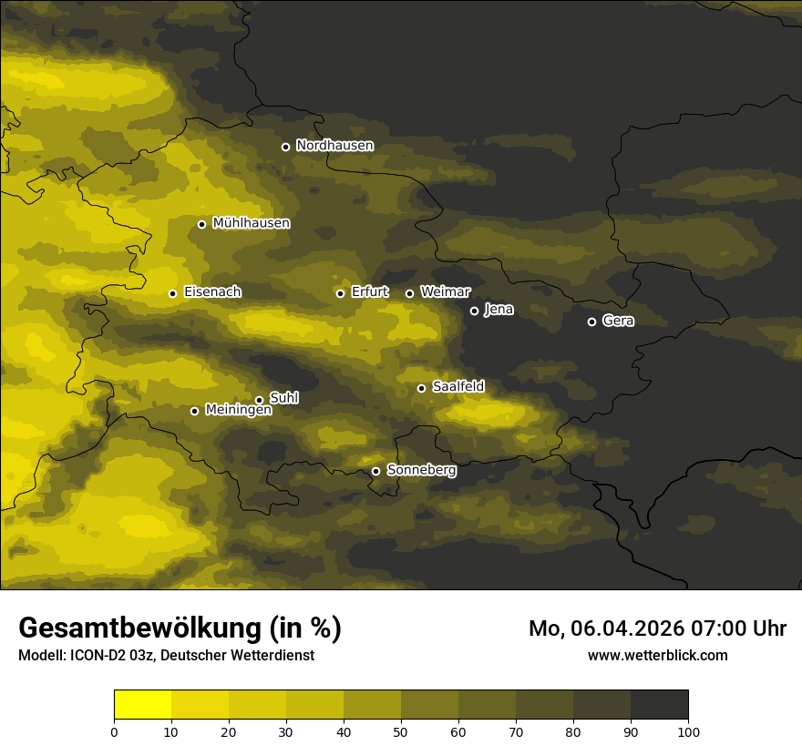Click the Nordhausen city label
click(x=334, y=146)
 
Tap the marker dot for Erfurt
click(x=340, y=293)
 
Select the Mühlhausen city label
click(x=251, y=223)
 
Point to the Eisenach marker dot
click(x=172, y=293)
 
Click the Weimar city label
click(x=445, y=292)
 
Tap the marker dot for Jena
click(x=474, y=311)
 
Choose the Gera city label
click(x=618, y=321)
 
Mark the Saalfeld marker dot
click(x=421, y=388)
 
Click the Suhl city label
click(x=283, y=398)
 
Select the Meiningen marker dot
click(x=194, y=411)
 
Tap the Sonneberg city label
click(x=421, y=470)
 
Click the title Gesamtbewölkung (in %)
click(x=180, y=628)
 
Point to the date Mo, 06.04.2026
click(x=595, y=628)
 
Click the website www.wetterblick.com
click(x=657, y=655)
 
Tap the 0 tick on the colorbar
click(x=114, y=730)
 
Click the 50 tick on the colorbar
click(x=401, y=730)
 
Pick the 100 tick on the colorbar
click(x=688, y=730)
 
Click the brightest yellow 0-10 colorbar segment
click(x=143, y=705)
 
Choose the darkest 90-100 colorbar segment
click(x=659, y=705)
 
